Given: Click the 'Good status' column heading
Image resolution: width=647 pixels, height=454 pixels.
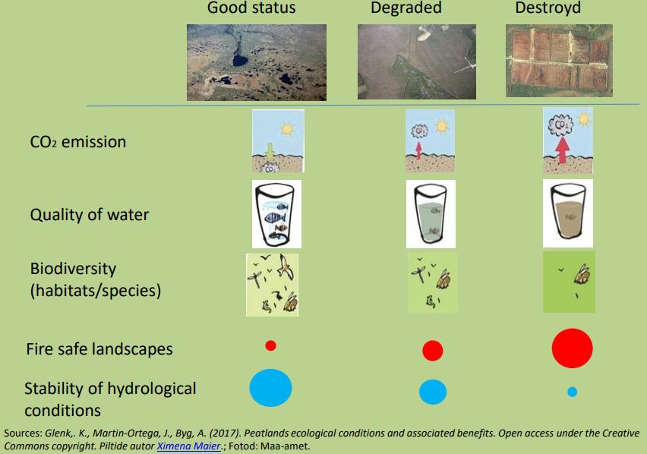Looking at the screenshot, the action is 251,8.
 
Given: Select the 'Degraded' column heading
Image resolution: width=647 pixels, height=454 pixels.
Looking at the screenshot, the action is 406,8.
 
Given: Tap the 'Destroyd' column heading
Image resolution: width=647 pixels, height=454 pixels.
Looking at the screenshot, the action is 548,8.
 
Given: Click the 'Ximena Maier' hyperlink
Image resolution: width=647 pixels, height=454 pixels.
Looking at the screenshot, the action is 188,446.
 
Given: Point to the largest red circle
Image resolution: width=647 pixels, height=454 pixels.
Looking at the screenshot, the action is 572,348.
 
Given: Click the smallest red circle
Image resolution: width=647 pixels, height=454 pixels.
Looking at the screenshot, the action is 270,345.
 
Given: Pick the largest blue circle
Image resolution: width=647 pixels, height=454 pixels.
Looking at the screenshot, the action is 270,388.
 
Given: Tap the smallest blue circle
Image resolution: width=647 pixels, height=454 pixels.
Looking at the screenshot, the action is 572,392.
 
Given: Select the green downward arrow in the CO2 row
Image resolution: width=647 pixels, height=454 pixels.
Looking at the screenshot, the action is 270,150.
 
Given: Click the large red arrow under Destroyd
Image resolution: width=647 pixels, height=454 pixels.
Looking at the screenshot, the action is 561,150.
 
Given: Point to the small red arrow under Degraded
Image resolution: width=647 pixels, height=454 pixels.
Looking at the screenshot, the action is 418,150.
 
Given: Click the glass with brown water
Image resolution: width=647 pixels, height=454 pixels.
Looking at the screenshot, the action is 568,213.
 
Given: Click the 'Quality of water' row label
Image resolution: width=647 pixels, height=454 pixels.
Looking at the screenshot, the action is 90,215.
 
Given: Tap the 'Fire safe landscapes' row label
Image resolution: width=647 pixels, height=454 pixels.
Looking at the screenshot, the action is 99,349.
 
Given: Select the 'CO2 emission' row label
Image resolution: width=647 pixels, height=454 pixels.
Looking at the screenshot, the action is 78,142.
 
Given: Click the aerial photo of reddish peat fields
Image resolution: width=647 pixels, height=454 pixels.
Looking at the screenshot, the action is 559,61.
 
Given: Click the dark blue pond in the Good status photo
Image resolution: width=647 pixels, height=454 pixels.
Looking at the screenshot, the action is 240,60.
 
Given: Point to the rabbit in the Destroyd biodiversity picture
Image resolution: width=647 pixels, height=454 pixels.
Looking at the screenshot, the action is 582,274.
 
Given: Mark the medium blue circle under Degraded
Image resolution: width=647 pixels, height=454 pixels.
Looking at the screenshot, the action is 433,392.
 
